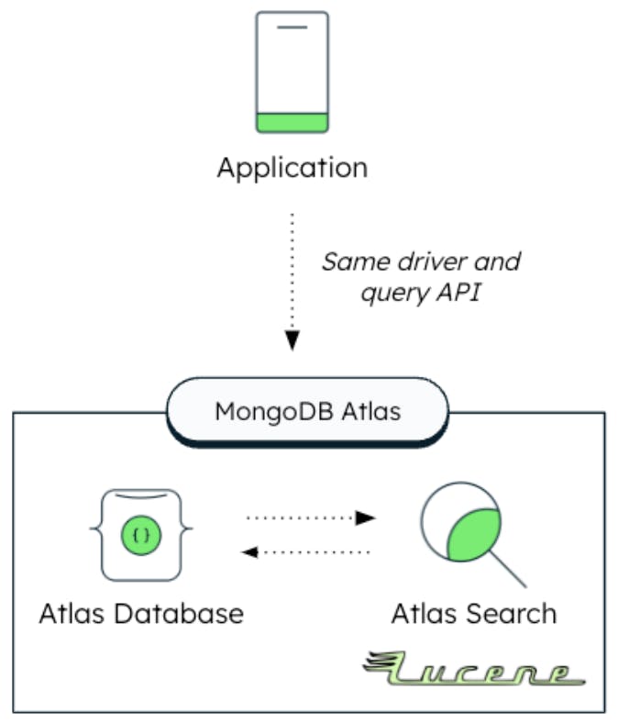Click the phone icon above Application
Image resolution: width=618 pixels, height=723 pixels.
292,72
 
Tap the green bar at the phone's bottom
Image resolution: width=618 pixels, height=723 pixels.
292,122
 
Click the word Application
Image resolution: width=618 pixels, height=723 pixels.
292,169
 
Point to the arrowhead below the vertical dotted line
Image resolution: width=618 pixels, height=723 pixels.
292,340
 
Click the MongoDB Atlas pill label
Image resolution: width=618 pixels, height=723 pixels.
307,410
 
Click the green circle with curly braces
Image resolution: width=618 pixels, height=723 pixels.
140,534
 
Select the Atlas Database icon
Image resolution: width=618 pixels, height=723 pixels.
140,534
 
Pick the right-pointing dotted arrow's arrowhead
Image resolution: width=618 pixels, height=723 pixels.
366,517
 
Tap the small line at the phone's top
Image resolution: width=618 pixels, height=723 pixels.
292,28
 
